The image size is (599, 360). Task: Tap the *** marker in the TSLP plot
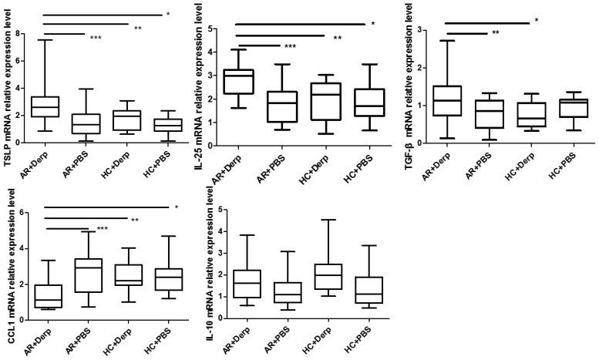[96, 38]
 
